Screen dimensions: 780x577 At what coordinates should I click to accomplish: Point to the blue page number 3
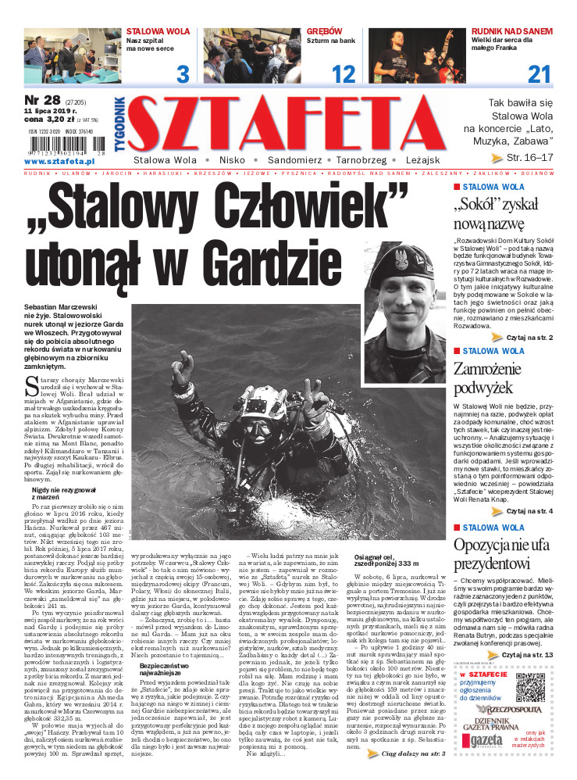click(x=183, y=75)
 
